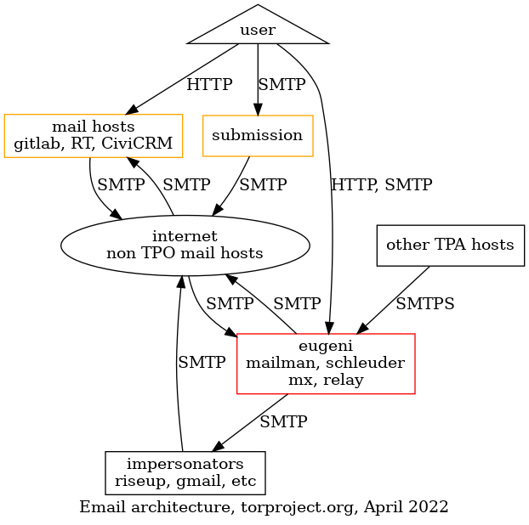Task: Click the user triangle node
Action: coord(258,31)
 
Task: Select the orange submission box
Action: coord(257,135)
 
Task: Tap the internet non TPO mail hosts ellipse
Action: coord(185,245)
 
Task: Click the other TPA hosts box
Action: coord(450,246)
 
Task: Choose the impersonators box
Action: coord(185,472)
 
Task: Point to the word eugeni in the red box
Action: coord(326,347)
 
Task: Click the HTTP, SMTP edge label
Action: coord(381,183)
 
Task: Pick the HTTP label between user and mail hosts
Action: coord(208,86)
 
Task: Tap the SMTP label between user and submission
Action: coord(282,86)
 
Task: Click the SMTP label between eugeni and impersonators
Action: coord(283,421)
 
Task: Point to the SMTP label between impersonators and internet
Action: coord(202,362)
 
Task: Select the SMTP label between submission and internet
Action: coord(263,183)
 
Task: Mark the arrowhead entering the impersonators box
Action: coord(219,446)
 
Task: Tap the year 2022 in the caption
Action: coord(429,507)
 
